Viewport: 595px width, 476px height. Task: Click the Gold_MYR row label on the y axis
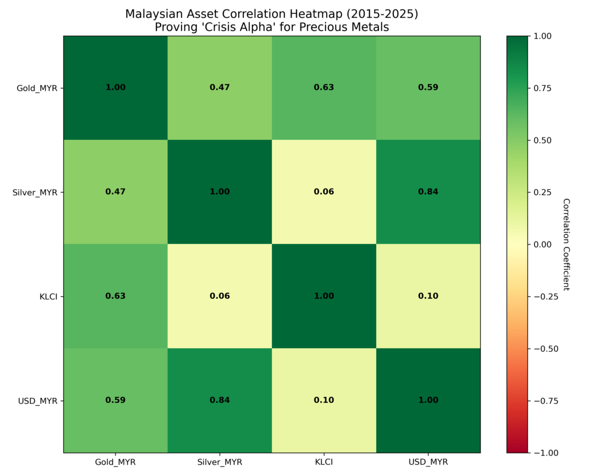click(37, 88)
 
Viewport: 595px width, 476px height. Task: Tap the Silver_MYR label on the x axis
click(220, 462)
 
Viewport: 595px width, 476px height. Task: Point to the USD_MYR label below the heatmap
click(428, 462)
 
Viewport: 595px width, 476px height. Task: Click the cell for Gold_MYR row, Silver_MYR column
click(220, 87)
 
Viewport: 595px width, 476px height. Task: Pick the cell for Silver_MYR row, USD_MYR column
click(428, 192)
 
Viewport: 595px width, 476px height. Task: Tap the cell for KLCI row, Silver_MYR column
click(220, 296)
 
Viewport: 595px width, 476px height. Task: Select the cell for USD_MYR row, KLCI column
click(324, 400)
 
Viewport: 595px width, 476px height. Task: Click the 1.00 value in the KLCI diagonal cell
click(324, 296)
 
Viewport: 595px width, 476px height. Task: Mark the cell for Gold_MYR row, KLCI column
click(324, 87)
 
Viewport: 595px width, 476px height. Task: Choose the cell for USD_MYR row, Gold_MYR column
click(115, 400)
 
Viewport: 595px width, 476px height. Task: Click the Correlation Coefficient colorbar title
click(566, 244)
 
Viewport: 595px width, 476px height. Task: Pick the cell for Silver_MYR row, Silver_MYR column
click(220, 192)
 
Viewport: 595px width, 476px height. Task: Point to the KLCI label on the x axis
click(324, 462)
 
